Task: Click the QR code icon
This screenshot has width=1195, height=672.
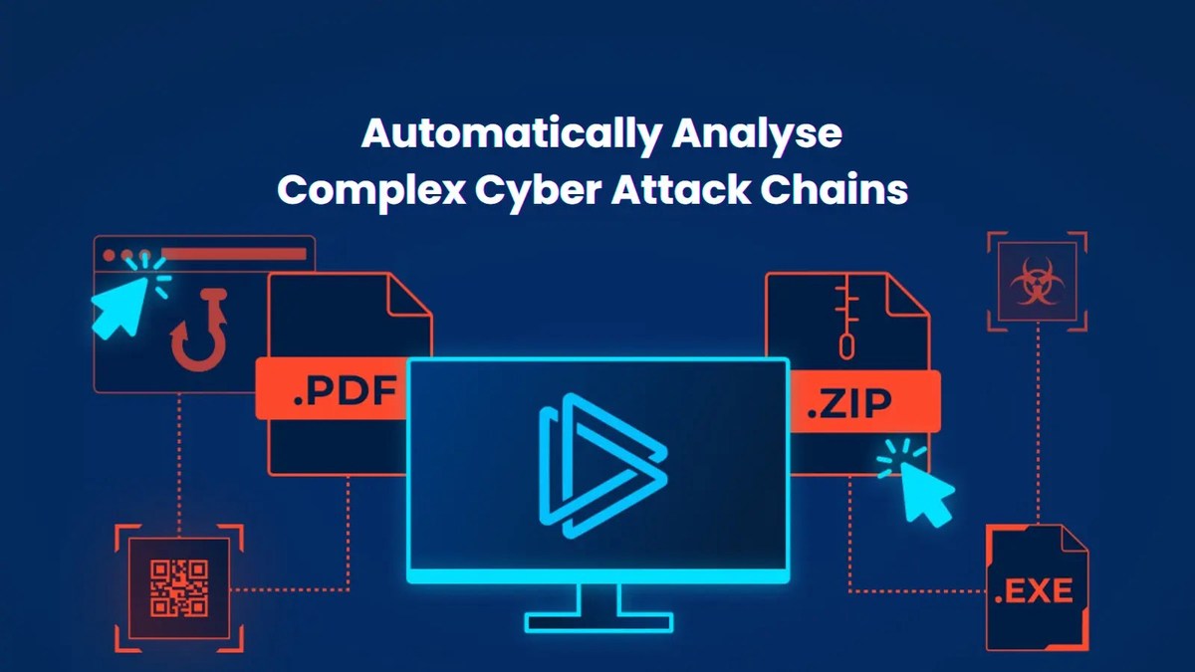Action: pos(179,586)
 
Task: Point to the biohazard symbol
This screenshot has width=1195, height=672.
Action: pos(1037,283)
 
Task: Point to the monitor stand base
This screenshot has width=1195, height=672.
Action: pos(598,622)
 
